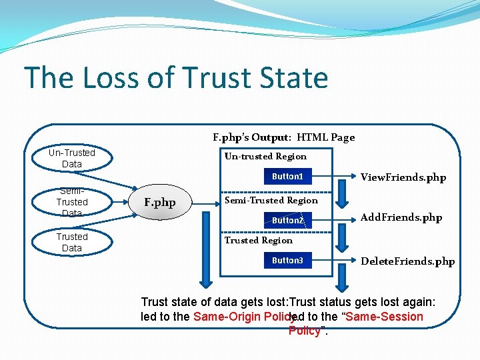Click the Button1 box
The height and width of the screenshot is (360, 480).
287,177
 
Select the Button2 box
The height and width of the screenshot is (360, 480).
287,220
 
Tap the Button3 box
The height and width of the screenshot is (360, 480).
287,261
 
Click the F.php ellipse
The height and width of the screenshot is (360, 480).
160,203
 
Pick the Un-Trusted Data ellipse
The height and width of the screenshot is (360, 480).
72,159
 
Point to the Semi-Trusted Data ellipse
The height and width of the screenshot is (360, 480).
72,201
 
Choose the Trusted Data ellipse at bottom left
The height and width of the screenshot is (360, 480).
72,243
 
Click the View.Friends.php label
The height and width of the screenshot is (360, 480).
403,177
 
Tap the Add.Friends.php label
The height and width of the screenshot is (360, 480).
401,217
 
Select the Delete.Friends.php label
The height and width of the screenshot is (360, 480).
407,261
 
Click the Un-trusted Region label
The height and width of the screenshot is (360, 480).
265,157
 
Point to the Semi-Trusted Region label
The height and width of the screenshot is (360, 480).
271,200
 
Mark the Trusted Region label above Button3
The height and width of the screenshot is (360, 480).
258,240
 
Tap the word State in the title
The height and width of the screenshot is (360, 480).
293,78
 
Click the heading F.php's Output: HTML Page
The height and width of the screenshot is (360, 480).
283,137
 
